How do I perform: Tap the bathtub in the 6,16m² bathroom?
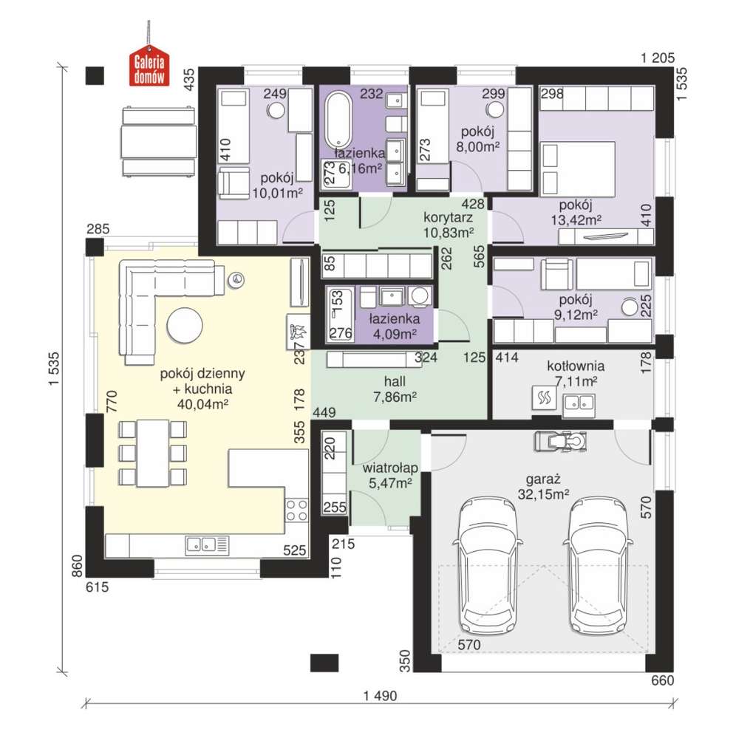click(338, 119)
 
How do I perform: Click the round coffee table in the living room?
click(185, 325)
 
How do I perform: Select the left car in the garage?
click(490, 565)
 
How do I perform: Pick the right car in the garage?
click(599, 565)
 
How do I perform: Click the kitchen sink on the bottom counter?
click(207, 544)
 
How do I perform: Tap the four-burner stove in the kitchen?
click(296, 510)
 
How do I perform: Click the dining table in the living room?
click(152, 454)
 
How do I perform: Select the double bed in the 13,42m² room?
click(578, 168)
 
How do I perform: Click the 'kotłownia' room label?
click(576, 366)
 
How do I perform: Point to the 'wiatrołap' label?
click(390, 468)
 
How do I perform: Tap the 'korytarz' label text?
click(448, 217)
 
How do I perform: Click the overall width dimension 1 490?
click(380, 695)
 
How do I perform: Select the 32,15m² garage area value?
click(543, 494)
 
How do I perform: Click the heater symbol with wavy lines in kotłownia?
click(545, 398)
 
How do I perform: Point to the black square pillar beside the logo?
click(95, 75)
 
